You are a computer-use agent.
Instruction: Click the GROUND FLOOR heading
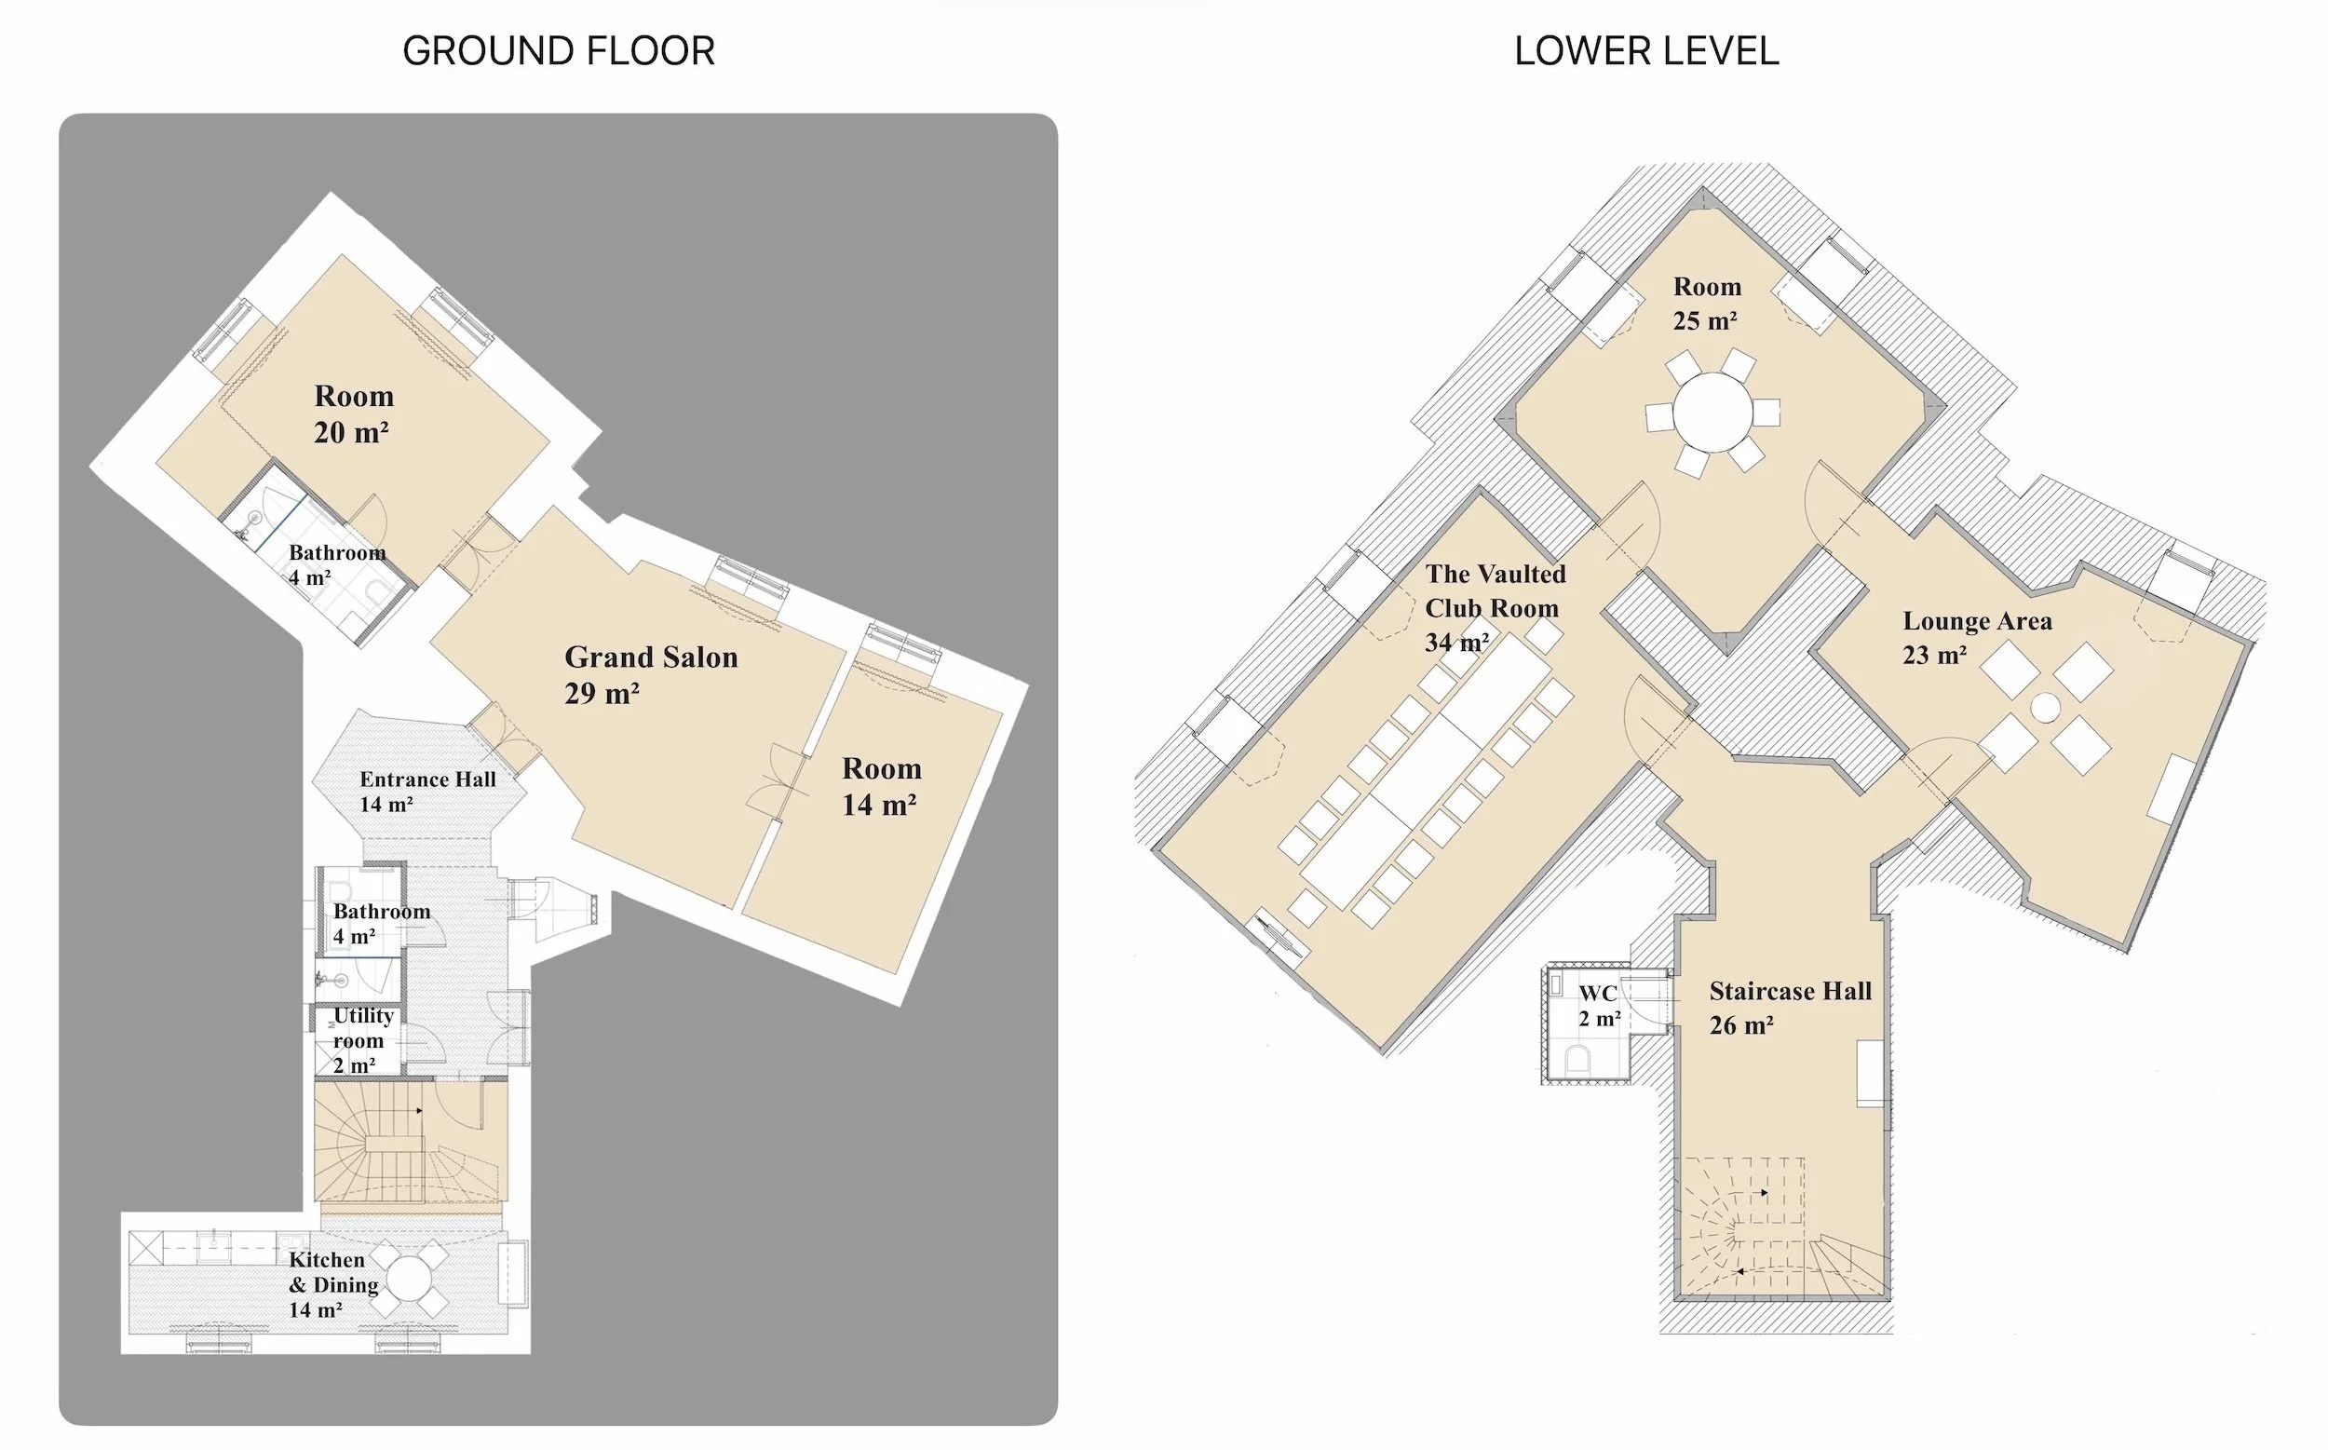tap(558, 51)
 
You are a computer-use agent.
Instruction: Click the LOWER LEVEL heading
tap(1645, 51)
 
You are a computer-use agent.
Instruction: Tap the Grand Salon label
tap(650, 674)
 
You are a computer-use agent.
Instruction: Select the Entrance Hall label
tap(426, 792)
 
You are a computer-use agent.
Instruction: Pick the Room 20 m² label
tap(353, 413)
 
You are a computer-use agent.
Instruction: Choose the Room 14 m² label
tap(880, 785)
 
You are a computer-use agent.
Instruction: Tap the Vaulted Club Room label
tap(1494, 607)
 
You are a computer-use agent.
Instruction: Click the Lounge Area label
tap(1976, 637)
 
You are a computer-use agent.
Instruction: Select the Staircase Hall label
tap(1789, 1007)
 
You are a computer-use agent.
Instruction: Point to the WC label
tap(1598, 1004)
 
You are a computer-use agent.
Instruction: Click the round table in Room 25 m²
tap(1712, 413)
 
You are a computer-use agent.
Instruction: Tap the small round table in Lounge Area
tap(2044, 708)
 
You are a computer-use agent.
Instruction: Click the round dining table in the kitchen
tap(410, 1279)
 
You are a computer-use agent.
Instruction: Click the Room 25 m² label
tap(1706, 303)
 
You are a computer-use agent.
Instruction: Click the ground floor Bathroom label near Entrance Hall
tap(381, 923)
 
